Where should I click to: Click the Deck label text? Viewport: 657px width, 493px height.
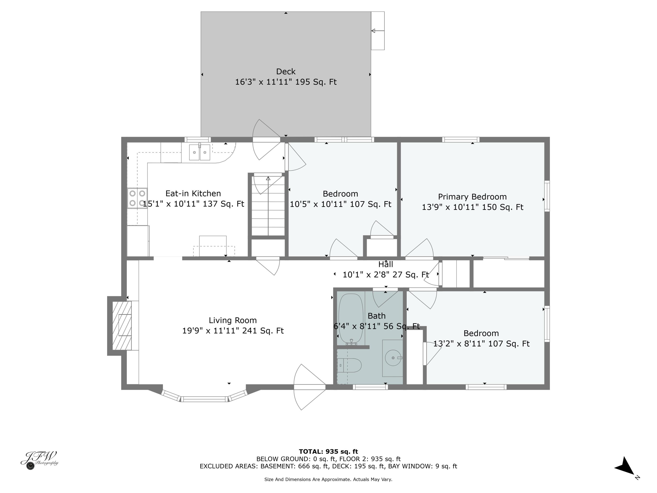click(x=286, y=72)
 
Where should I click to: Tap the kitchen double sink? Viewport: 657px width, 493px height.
click(x=200, y=153)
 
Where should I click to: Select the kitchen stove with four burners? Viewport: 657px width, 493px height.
click(x=137, y=198)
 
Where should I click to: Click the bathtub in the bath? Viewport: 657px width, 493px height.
click(x=351, y=319)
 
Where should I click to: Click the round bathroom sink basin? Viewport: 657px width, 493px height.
click(x=393, y=358)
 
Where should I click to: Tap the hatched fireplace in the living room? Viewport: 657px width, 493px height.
click(x=122, y=325)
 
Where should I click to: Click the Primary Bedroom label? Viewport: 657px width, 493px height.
click(x=472, y=197)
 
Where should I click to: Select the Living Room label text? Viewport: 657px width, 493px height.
click(x=233, y=320)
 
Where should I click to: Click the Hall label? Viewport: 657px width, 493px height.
click(x=385, y=264)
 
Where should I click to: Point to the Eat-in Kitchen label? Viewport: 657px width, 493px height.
click(x=193, y=193)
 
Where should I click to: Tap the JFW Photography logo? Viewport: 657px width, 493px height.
click(x=39, y=460)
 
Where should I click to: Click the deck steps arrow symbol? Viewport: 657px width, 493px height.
click(x=378, y=31)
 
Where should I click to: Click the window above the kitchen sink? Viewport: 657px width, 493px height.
click(x=198, y=139)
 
